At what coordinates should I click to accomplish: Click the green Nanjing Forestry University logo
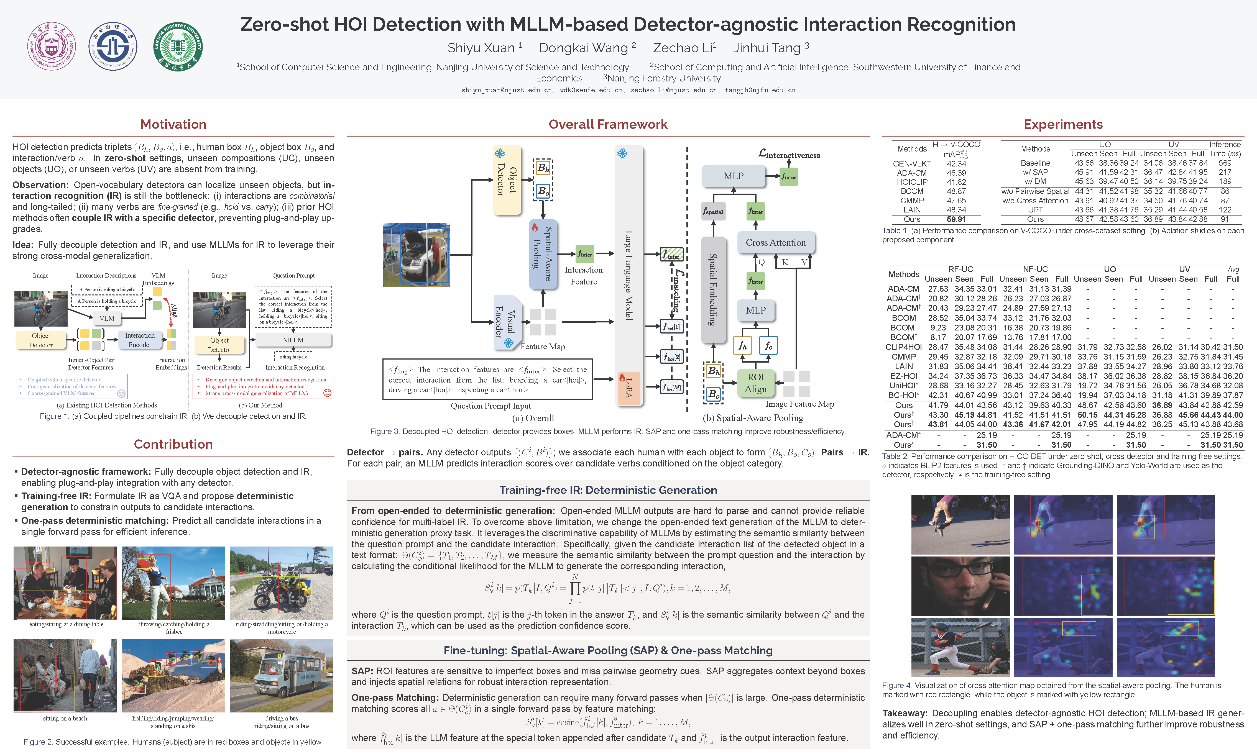(x=178, y=46)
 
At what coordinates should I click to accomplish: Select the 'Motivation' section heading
(x=173, y=124)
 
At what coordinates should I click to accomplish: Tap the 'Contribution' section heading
(x=173, y=444)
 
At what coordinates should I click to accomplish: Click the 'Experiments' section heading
(x=1063, y=124)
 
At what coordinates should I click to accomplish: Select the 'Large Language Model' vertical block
(x=629, y=274)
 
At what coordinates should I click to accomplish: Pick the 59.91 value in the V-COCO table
(x=956, y=219)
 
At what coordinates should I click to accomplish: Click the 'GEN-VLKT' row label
(x=912, y=164)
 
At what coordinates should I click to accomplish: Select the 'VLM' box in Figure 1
(x=107, y=319)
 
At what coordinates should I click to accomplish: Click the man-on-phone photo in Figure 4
(x=960, y=586)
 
